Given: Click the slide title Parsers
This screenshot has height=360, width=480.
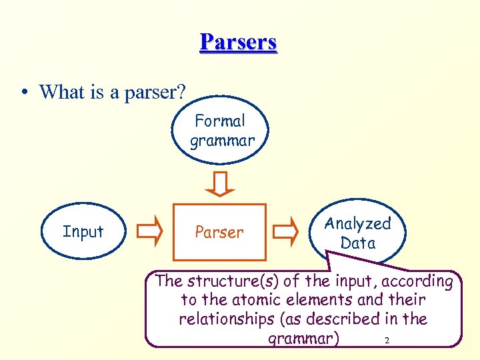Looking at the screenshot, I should pos(238,42).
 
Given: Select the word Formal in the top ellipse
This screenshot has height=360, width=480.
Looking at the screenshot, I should pos(220,121).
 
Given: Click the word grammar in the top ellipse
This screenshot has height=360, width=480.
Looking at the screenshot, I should pos(222,141).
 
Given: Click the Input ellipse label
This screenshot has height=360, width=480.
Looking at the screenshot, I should pos(83,232).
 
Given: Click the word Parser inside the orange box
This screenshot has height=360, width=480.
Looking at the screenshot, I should pos(219,233).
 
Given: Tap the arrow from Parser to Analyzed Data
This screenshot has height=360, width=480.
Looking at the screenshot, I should pos(287,231).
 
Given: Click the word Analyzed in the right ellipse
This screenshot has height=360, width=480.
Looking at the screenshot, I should pos(357,224).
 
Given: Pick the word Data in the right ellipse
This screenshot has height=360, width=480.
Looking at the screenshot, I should pos(358,243).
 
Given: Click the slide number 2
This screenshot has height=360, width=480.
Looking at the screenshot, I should pos(387,341).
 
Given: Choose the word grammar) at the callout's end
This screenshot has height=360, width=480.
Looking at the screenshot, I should pos(303,339).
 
